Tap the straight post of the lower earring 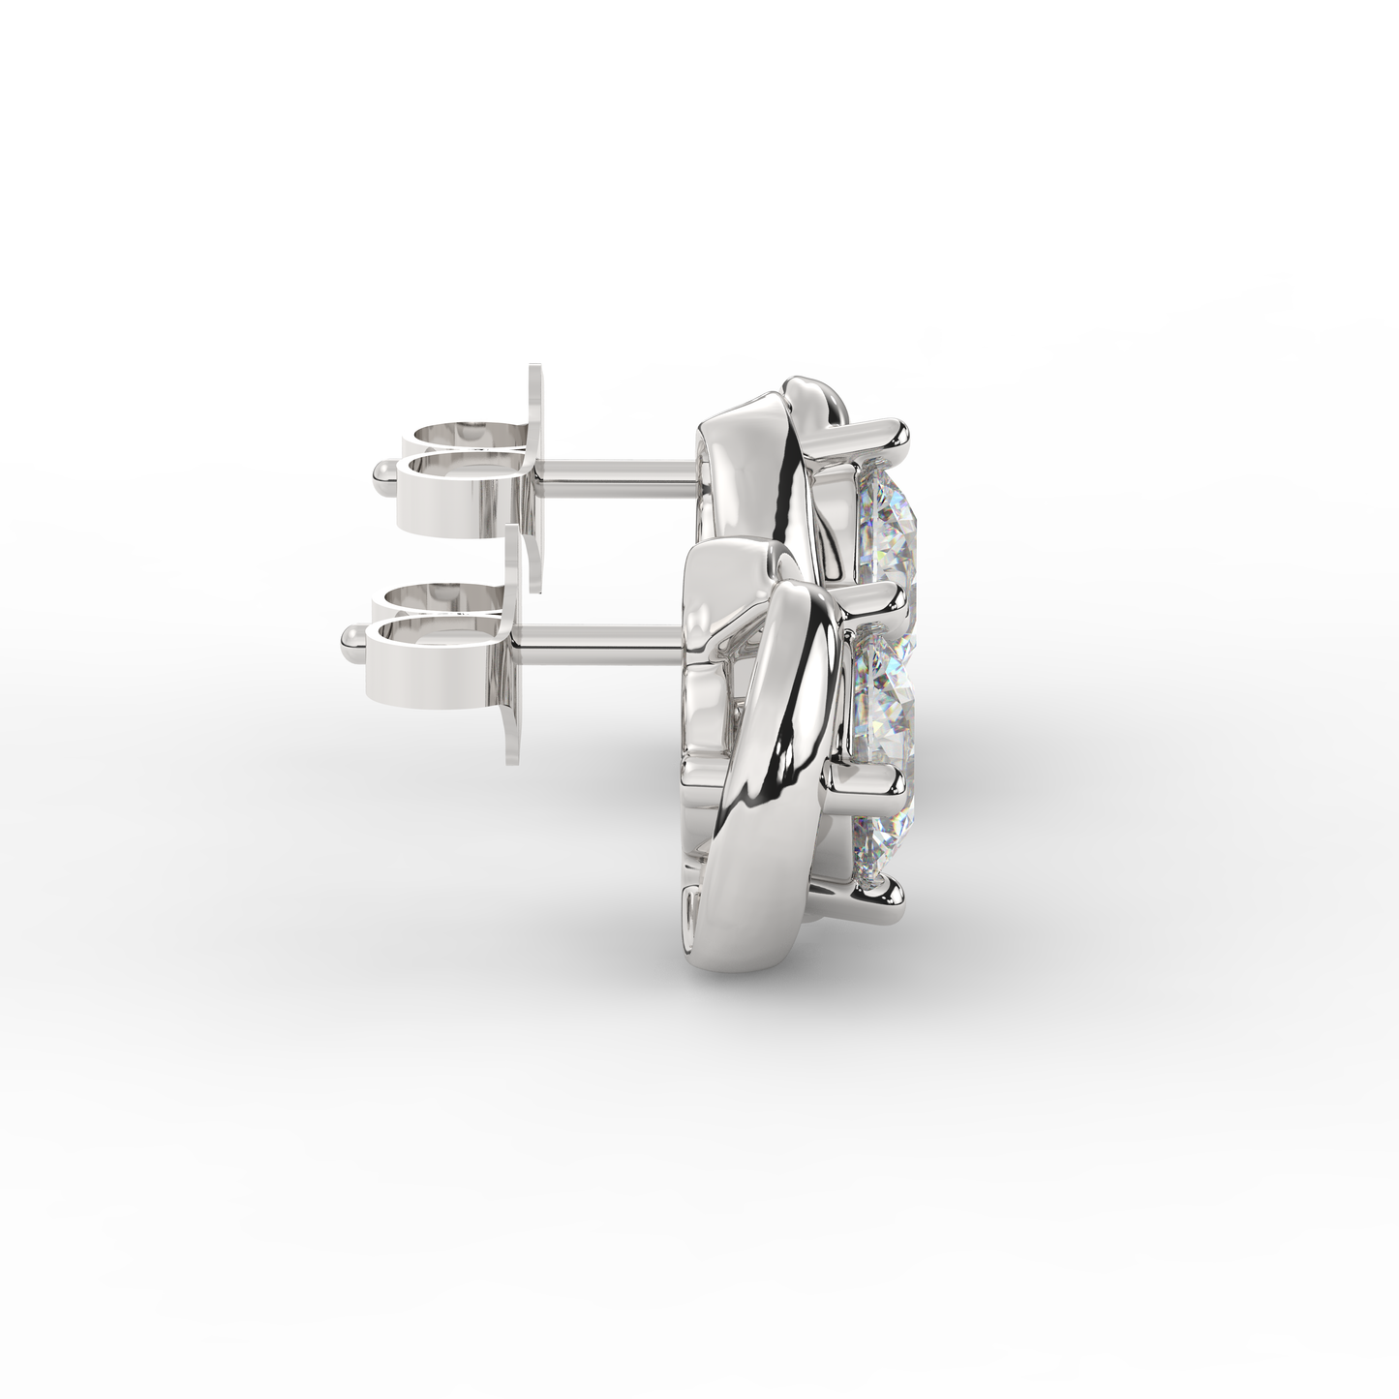tap(600, 636)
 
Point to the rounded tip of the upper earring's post tap(381, 471)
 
